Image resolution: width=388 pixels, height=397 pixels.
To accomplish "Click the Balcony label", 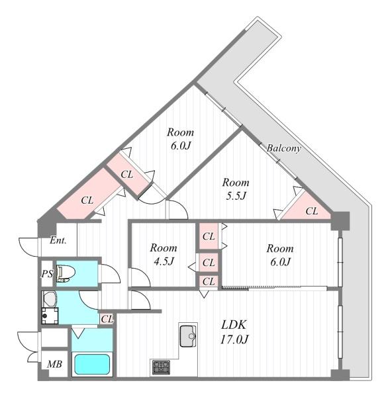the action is tap(283, 148).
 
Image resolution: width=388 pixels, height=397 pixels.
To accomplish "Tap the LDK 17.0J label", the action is tap(234, 332).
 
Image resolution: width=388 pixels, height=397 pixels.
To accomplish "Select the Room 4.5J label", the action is tap(164, 254).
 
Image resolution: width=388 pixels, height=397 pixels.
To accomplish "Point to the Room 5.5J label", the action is tap(236, 189).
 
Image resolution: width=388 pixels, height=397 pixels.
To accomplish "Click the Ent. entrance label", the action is tap(58, 240).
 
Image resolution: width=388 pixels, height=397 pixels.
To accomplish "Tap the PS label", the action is tap(48, 274).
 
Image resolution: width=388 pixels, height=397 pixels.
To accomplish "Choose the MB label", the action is tap(54, 364).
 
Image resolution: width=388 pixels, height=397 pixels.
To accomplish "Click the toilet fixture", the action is tap(66, 273).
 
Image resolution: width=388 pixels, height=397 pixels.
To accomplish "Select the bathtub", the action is tap(92, 365).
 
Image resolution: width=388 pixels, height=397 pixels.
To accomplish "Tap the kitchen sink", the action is tap(188, 336).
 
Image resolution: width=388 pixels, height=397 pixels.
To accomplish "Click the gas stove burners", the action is tap(161, 367).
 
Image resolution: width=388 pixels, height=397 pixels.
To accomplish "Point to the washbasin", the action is tap(50, 299).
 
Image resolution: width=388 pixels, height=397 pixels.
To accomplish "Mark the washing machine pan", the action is tap(50, 316).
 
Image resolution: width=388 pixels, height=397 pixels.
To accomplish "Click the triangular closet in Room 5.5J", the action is tap(308, 208).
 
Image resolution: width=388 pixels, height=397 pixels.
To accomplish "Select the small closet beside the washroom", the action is tap(107, 319).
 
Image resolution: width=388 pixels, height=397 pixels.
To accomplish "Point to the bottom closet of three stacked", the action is tap(209, 281).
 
